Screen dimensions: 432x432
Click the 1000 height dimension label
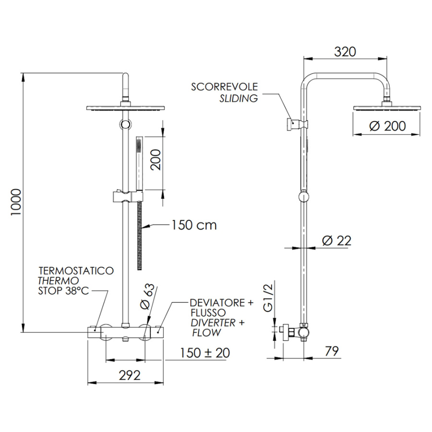(x=16, y=202)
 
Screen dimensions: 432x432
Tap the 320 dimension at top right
(x=345, y=52)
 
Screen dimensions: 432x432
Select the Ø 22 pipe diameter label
(x=336, y=241)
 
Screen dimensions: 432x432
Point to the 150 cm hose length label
(x=194, y=225)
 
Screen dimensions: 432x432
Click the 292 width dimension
(x=130, y=375)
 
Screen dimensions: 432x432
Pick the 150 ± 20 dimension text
(x=204, y=353)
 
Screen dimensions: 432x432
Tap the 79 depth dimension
(x=331, y=351)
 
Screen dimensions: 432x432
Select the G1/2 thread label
(x=267, y=298)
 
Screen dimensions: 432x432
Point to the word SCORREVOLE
(x=224, y=87)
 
